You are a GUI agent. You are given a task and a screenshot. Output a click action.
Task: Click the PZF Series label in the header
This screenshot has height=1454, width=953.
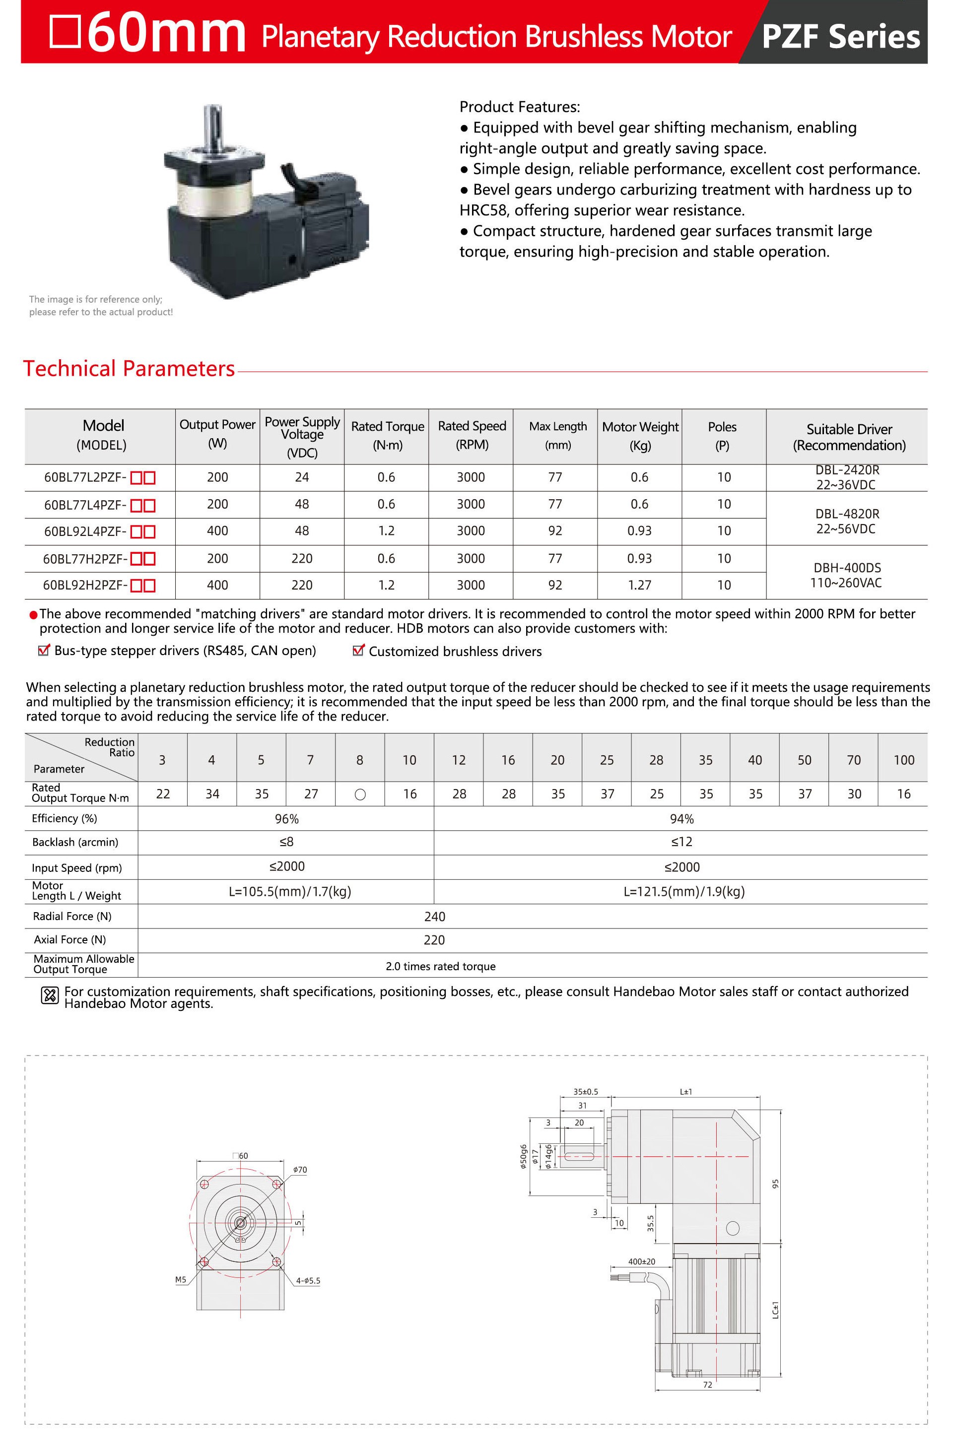841,37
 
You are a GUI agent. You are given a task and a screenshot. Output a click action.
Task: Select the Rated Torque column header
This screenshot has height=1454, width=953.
387,436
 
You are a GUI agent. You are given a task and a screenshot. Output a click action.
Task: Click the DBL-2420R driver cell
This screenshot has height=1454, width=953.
847,477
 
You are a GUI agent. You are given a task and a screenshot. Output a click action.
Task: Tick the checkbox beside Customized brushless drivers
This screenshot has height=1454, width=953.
358,651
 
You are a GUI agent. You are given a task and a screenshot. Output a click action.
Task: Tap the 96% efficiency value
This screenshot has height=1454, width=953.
286,819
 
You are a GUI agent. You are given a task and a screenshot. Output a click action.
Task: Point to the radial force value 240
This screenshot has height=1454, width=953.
434,917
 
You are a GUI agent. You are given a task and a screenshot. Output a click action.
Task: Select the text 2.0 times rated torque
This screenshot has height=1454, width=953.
440,967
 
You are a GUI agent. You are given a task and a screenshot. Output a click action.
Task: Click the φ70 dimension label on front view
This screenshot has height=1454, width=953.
300,1170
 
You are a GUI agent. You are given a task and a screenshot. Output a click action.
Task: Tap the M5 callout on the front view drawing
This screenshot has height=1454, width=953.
180,1280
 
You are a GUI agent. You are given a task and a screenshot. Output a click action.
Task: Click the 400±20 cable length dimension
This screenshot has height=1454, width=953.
641,1261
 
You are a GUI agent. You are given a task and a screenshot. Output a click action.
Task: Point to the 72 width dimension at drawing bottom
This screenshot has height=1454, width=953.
707,1385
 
